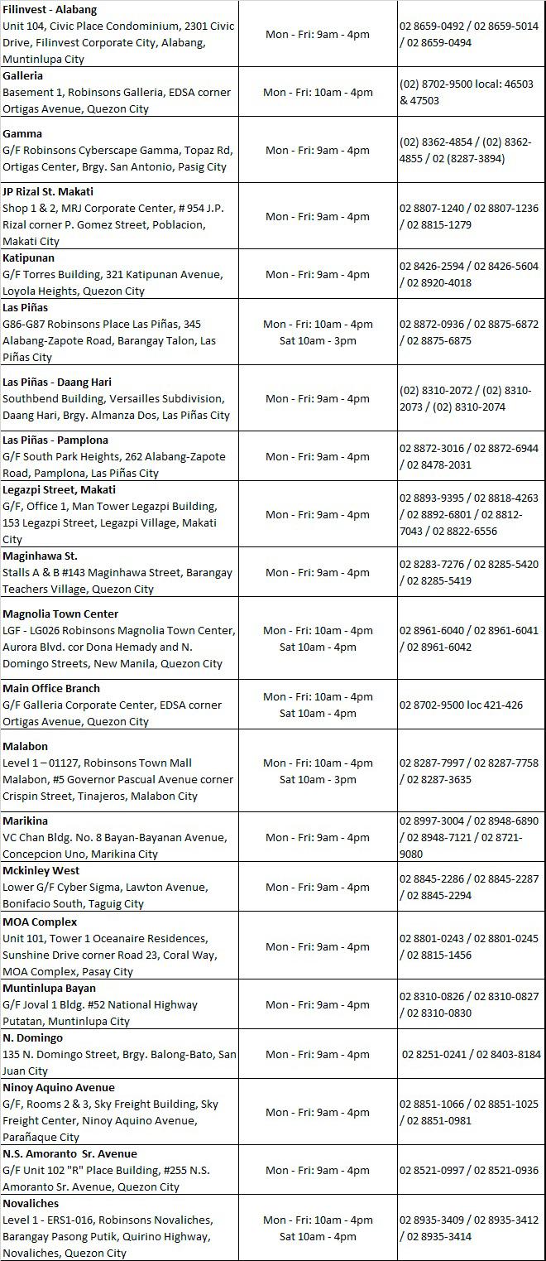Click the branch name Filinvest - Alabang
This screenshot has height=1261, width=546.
tap(50, 9)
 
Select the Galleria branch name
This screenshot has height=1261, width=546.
tap(23, 75)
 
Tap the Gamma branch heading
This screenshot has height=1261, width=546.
tap(22, 133)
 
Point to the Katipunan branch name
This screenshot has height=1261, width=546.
tap(28, 257)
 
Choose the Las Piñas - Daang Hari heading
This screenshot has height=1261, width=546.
tap(57, 382)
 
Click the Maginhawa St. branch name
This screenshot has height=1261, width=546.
tap(40, 556)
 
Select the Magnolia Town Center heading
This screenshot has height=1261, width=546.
tap(60, 614)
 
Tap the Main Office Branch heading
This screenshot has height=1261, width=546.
tap(51, 688)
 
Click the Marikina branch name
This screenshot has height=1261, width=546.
tap(25, 821)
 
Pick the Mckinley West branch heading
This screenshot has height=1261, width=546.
tap(41, 870)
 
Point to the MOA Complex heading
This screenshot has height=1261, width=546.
tap(40, 922)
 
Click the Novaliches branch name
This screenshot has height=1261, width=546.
tap(31, 1203)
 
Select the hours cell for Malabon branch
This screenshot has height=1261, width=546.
tap(318, 771)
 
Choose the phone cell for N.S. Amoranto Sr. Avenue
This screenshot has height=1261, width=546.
tap(469, 1170)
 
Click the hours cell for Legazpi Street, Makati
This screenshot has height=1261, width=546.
tap(318, 514)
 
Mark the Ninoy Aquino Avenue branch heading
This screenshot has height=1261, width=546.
tap(59, 1087)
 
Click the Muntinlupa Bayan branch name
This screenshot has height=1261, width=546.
tap(49, 988)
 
